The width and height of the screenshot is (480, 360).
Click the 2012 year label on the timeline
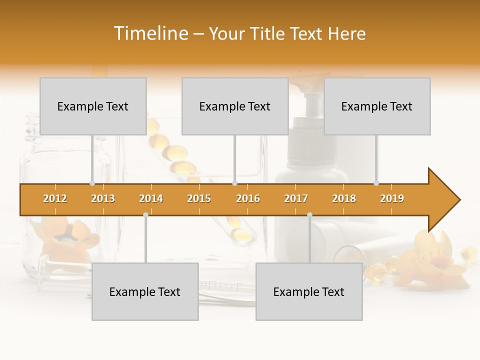pyautogui.click(x=55, y=198)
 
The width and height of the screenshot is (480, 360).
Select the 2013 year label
pyautogui.click(x=103, y=198)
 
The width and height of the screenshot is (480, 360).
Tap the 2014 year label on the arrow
pyautogui.click(x=151, y=198)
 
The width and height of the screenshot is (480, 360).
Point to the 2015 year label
pyautogui.click(x=199, y=198)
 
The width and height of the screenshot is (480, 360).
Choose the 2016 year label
pyautogui.click(x=248, y=198)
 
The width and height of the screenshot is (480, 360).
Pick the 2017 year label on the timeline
pyautogui.click(x=296, y=198)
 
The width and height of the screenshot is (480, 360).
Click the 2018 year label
pyautogui.click(x=344, y=198)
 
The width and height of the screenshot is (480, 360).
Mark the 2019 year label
pyautogui.click(x=392, y=198)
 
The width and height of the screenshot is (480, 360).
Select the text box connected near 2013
pyautogui.click(x=93, y=106)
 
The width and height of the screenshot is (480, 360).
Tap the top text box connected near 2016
pyautogui.click(x=235, y=106)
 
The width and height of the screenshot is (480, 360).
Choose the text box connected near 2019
pyautogui.click(x=377, y=106)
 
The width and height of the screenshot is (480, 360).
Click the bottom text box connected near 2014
pyautogui.click(x=145, y=291)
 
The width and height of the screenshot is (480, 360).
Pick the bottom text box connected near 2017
pyautogui.click(x=309, y=291)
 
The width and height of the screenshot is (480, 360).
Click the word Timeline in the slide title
pyautogui.click(x=150, y=33)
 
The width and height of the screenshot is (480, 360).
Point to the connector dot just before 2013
pyautogui.click(x=92, y=183)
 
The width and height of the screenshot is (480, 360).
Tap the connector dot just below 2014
pyautogui.click(x=145, y=214)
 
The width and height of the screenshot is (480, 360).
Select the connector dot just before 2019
pyautogui.click(x=376, y=183)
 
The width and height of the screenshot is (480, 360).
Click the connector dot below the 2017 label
pyautogui.click(x=309, y=214)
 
